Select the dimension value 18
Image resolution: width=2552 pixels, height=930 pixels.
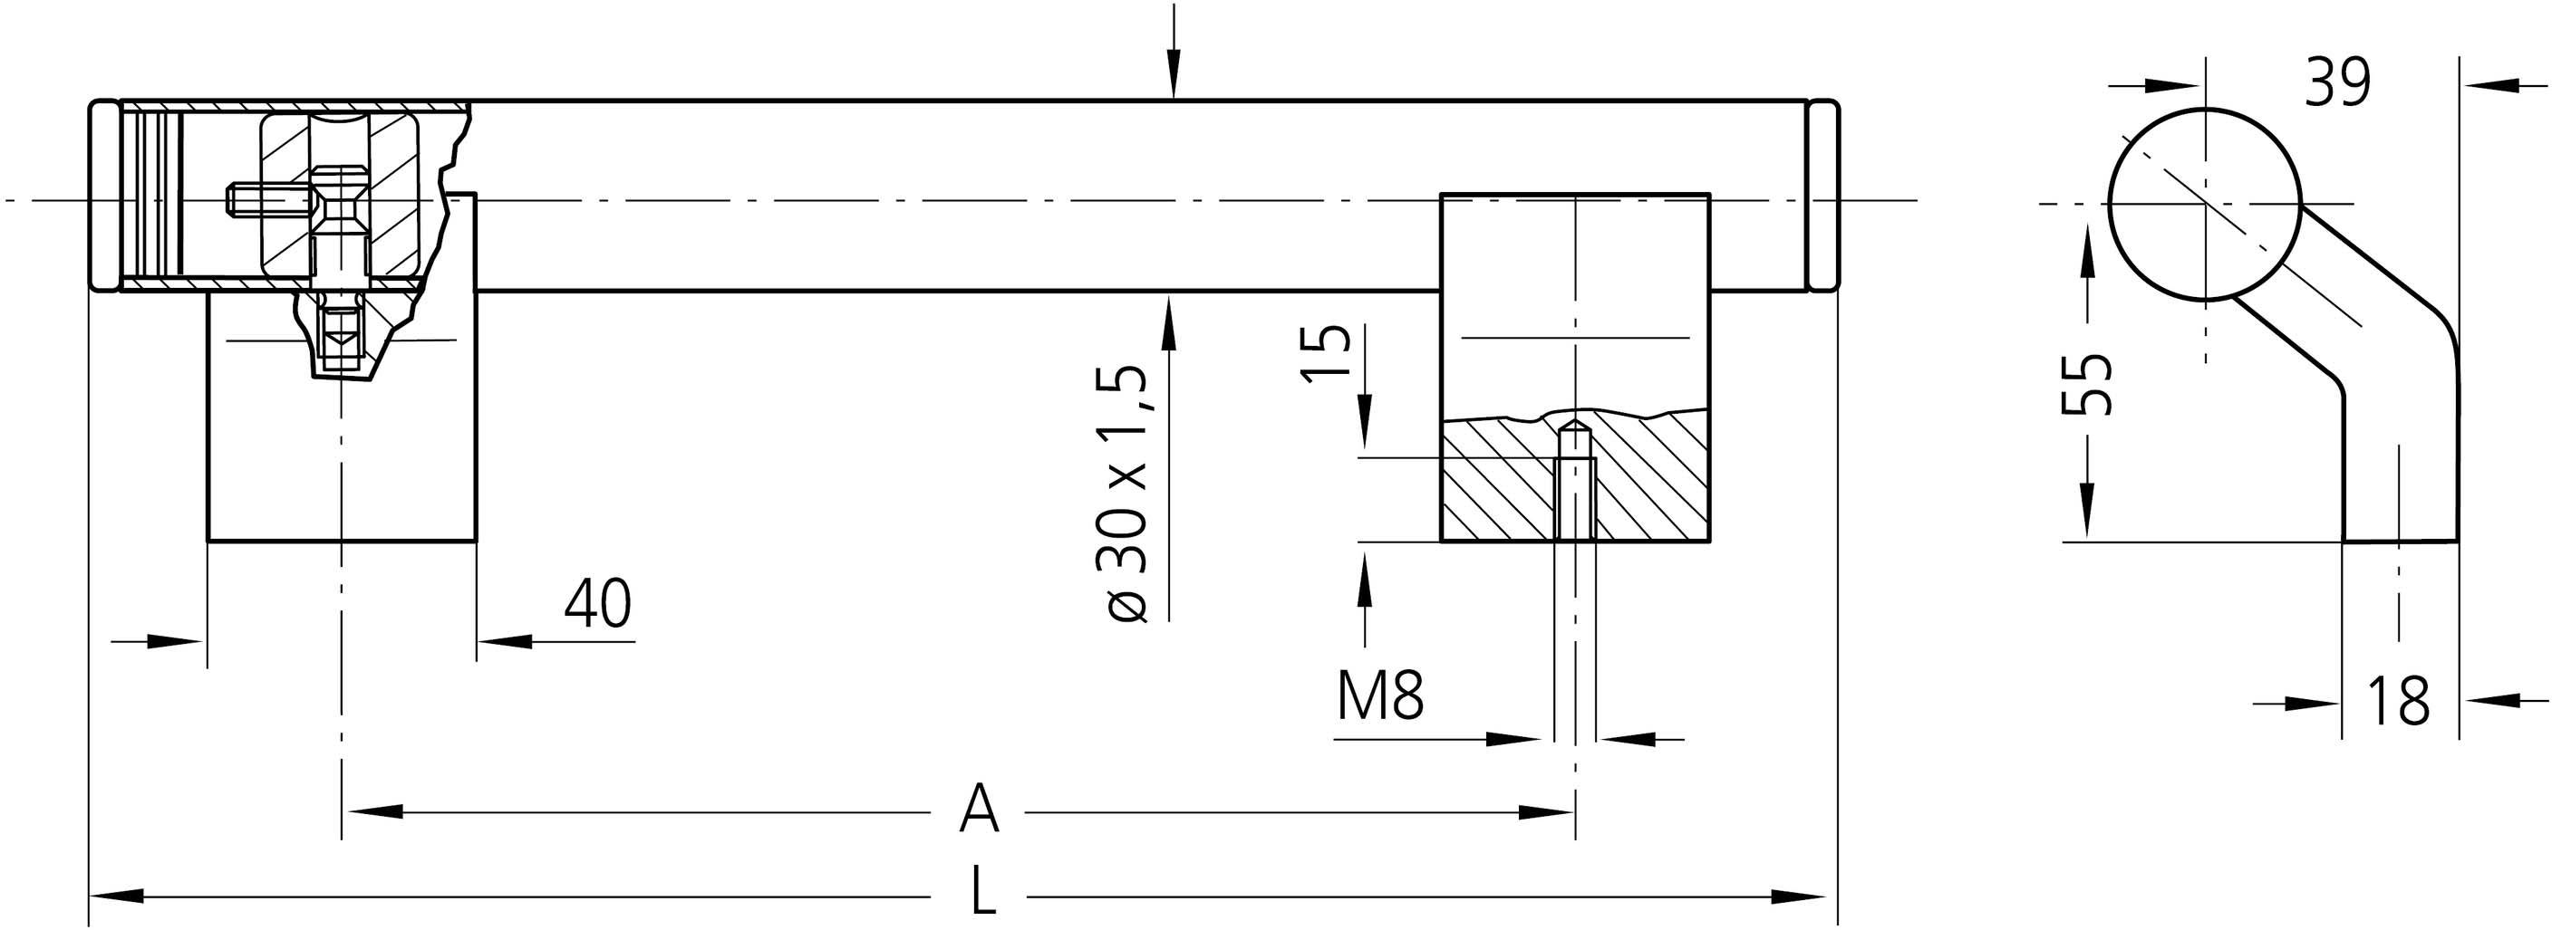tap(2397, 701)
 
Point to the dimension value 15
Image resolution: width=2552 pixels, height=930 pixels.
tap(1326, 351)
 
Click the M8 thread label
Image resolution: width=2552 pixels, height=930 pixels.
tap(1380, 695)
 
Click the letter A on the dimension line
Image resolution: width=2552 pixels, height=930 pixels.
tap(979, 810)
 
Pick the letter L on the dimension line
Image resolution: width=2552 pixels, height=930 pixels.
tap(981, 890)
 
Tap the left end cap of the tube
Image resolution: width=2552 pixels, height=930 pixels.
tap(103, 195)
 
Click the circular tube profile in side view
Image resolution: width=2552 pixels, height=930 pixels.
tap(2204, 204)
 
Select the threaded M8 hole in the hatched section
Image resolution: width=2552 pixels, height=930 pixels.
tap(1574, 483)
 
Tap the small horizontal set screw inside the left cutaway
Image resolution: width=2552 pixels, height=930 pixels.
tap(256, 201)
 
